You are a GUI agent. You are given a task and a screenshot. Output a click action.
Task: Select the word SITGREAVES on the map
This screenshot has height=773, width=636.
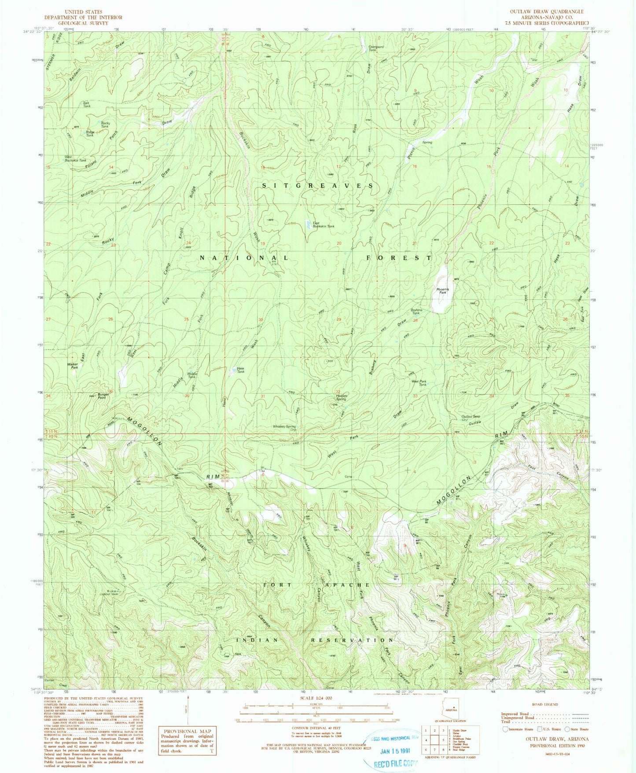click(318, 186)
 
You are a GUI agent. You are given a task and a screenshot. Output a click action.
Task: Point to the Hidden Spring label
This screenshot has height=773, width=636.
click(338, 397)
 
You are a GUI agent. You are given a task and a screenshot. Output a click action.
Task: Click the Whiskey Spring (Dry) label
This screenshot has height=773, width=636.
click(284, 428)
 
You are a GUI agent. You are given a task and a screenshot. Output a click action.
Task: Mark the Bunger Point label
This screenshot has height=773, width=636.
click(103, 396)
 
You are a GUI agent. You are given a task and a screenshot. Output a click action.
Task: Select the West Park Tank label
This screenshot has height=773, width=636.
click(419, 383)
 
